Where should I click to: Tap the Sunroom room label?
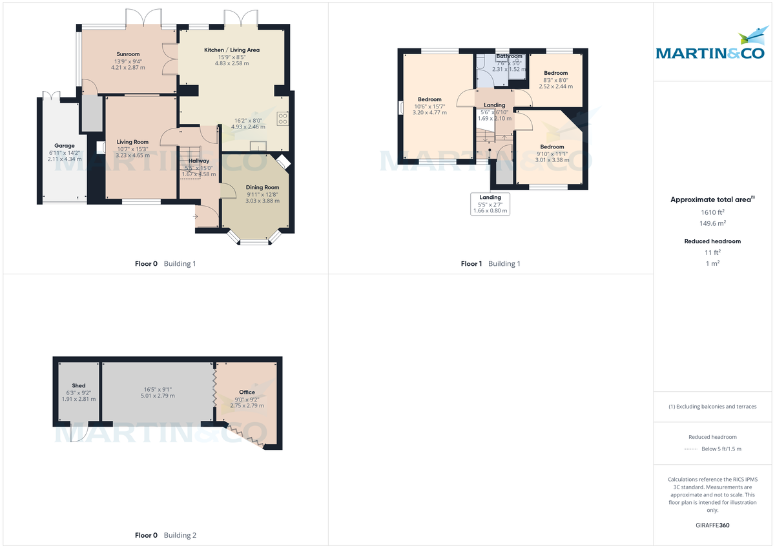pyautogui.click(x=128, y=54)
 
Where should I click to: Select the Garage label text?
pyautogui.click(x=65, y=146)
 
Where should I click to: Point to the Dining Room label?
pyautogui.click(x=262, y=187)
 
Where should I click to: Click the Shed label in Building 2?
pyautogui.click(x=79, y=385)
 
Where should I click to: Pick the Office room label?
pyautogui.click(x=247, y=392)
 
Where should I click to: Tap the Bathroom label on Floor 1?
pyautogui.click(x=510, y=56)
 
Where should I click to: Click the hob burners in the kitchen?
pyautogui.click(x=282, y=118)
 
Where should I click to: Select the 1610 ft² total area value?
pyautogui.click(x=713, y=212)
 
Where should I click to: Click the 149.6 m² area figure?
pyautogui.click(x=713, y=223)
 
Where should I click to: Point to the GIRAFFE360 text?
pyautogui.click(x=713, y=525)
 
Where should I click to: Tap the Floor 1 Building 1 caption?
pyautogui.click(x=490, y=263)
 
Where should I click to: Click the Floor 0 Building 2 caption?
pyautogui.click(x=165, y=535)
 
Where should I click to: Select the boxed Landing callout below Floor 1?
pyautogui.click(x=490, y=204)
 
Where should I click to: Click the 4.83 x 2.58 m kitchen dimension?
pyautogui.click(x=232, y=63)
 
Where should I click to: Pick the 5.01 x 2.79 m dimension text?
pyautogui.click(x=158, y=396)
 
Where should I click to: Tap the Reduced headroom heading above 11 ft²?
pyautogui.click(x=712, y=241)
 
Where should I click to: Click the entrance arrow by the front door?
pyautogui.click(x=196, y=216)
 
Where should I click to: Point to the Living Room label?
pyautogui.click(x=132, y=142)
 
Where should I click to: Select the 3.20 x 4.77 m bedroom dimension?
pyautogui.click(x=429, y=112)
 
